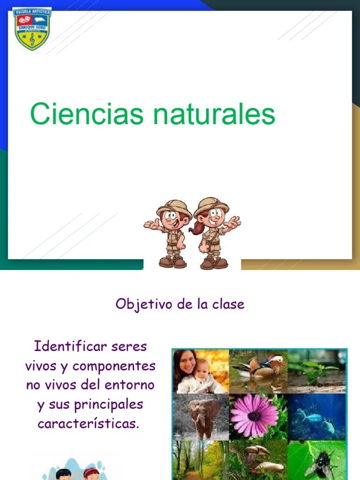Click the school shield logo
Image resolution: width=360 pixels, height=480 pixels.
32,29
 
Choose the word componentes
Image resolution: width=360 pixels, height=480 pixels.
114,366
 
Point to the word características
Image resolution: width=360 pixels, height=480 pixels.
89,424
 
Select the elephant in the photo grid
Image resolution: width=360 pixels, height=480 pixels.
202,415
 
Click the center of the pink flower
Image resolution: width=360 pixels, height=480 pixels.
255,416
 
